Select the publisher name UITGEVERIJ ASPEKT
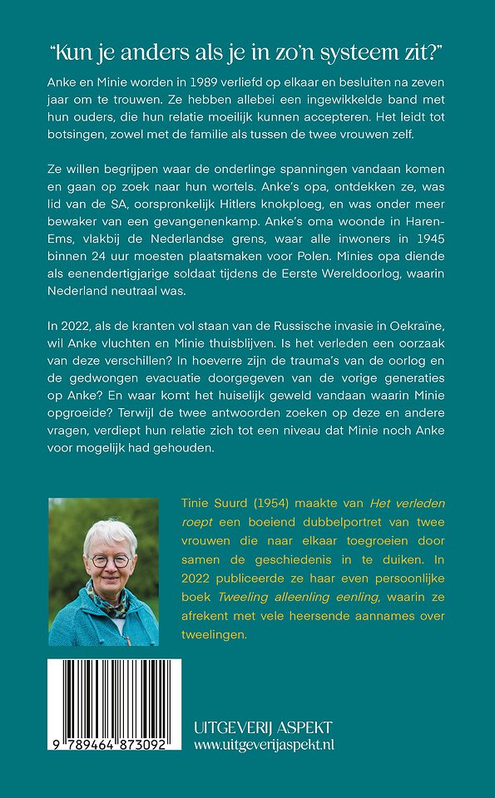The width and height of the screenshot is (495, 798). [x=264, y=727]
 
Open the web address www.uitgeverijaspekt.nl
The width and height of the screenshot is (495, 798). [x=264, y=746]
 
